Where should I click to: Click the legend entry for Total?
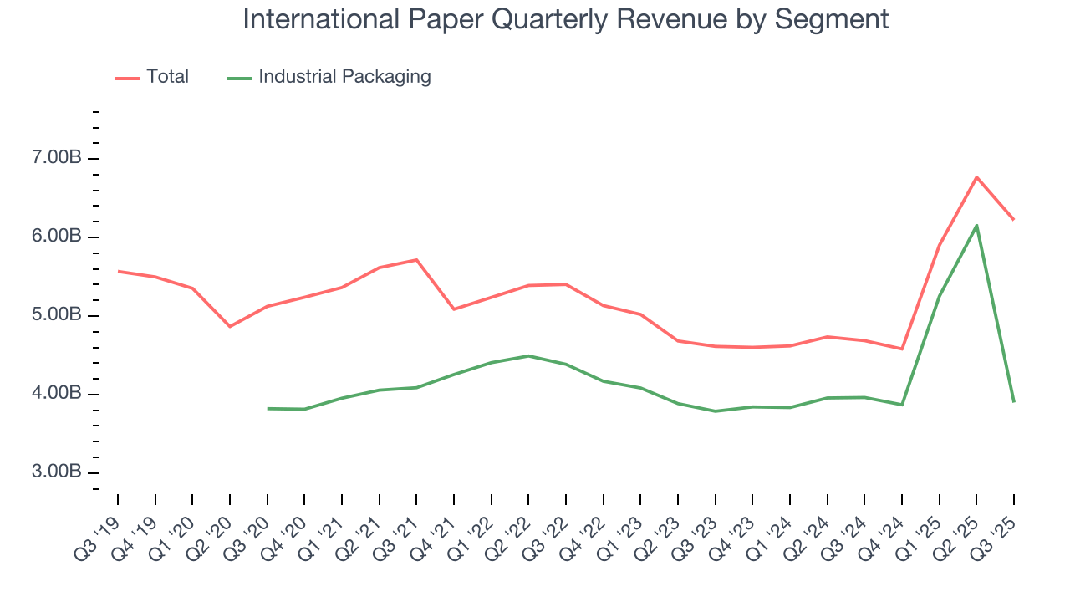(x=167, y=77)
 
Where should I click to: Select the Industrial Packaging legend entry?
(x=344, y=77)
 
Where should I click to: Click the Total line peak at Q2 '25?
(x=976, y=176)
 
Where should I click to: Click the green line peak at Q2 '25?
(x=976, y=225)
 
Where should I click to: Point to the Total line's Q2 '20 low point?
(x=230, y=326)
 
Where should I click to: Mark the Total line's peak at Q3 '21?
(x=416, y=259)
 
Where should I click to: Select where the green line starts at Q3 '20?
(x=267, y=408)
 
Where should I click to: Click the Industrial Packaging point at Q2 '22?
(x=528, y=355)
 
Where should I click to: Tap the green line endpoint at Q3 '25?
(x=1014, y=402)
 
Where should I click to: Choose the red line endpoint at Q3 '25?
(x=1014, y=219)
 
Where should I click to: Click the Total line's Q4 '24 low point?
(x=902, y=349)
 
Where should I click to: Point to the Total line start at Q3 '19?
(x=118, y=271)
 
